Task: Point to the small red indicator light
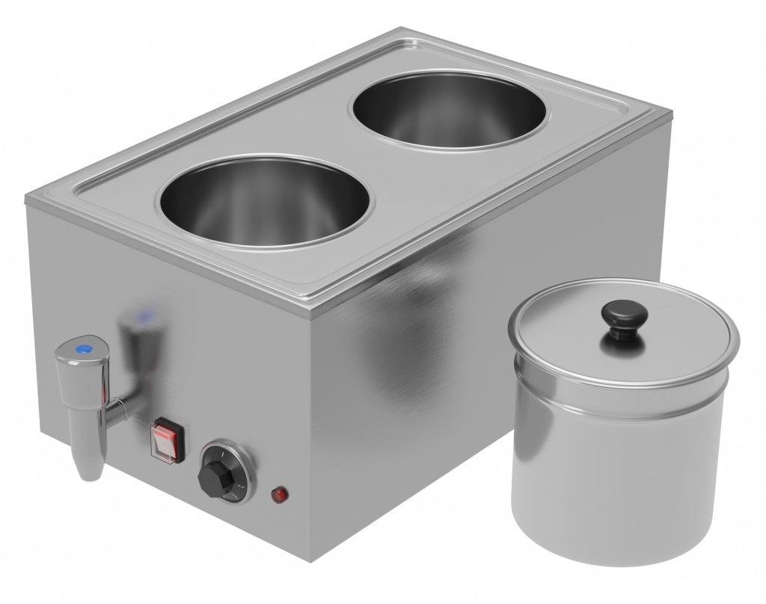[x=279, y=494]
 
